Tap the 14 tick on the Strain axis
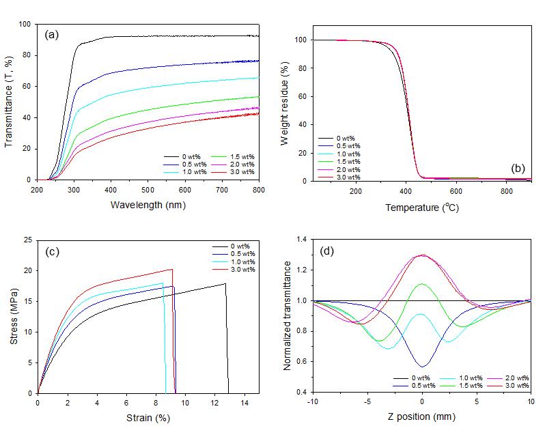(244, 403)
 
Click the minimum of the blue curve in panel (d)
(423, 367)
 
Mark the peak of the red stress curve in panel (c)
(172, 269)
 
